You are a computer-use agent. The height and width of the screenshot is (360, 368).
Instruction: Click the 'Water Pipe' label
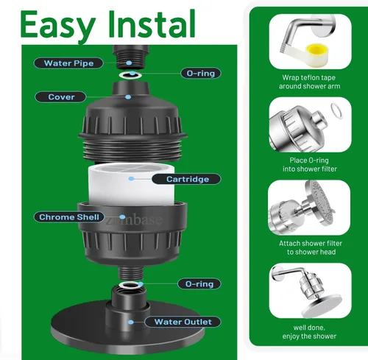point(68,63)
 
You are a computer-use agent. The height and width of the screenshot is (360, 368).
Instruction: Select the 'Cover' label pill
point(60,97)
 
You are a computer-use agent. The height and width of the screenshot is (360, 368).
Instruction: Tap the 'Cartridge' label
point(186,179)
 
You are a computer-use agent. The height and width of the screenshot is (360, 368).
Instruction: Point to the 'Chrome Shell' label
point(69,217)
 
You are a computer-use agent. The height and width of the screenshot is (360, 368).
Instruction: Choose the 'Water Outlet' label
point(183,322)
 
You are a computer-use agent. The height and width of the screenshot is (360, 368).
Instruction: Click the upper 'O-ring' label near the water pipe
point(201,73)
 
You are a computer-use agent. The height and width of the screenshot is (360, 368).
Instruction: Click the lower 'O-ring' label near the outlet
point(199,284)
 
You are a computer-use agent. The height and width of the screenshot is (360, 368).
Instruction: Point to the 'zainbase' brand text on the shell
point(134,219)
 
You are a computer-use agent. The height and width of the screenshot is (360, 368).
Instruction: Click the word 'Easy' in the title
point(58,24)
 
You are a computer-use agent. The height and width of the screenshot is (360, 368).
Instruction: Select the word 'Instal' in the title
point(152,24)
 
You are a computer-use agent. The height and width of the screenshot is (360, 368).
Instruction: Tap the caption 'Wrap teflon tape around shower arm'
point(309,82)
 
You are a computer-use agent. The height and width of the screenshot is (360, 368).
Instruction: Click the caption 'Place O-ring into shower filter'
point(309,165)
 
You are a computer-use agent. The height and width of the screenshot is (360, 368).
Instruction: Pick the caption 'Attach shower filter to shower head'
point(311,247)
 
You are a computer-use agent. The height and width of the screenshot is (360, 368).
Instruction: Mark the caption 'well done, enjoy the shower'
point(309,332)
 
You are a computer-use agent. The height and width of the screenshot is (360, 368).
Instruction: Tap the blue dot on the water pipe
point(129,63)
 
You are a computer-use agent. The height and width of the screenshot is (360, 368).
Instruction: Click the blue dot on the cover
point(128,97)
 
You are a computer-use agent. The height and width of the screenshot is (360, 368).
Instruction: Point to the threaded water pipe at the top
point(131,57)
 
